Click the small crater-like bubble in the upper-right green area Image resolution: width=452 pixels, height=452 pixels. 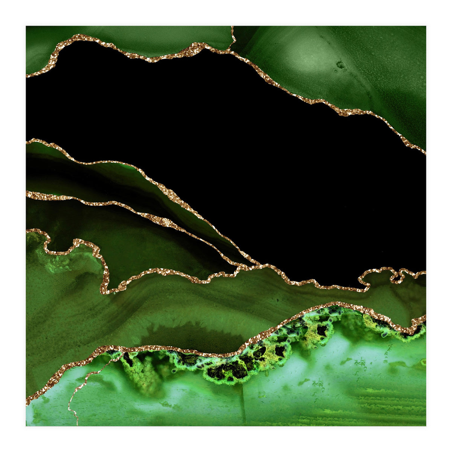341,65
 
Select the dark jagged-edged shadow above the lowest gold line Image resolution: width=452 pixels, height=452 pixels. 188,333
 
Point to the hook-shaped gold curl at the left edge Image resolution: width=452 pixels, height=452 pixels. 43,237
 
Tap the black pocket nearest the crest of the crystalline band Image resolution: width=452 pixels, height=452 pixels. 322,330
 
